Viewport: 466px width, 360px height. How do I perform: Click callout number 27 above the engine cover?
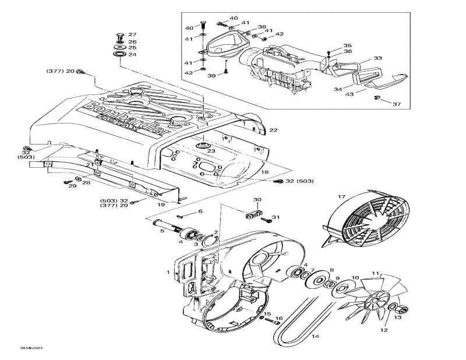(132, 35)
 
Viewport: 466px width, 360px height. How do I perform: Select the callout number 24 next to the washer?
(132, 55)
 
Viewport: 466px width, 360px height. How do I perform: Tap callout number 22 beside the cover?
(273, 129)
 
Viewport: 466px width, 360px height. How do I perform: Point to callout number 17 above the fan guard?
(342, 197)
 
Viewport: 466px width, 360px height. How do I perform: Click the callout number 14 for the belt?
(315, 337)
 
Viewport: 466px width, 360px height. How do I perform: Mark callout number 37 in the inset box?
(397, 104)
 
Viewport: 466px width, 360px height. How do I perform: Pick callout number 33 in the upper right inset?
(378, 58)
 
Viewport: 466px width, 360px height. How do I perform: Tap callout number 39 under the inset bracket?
(211, 76)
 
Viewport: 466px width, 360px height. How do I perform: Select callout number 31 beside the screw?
(276, 217)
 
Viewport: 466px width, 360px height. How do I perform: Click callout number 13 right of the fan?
(398, 317)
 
